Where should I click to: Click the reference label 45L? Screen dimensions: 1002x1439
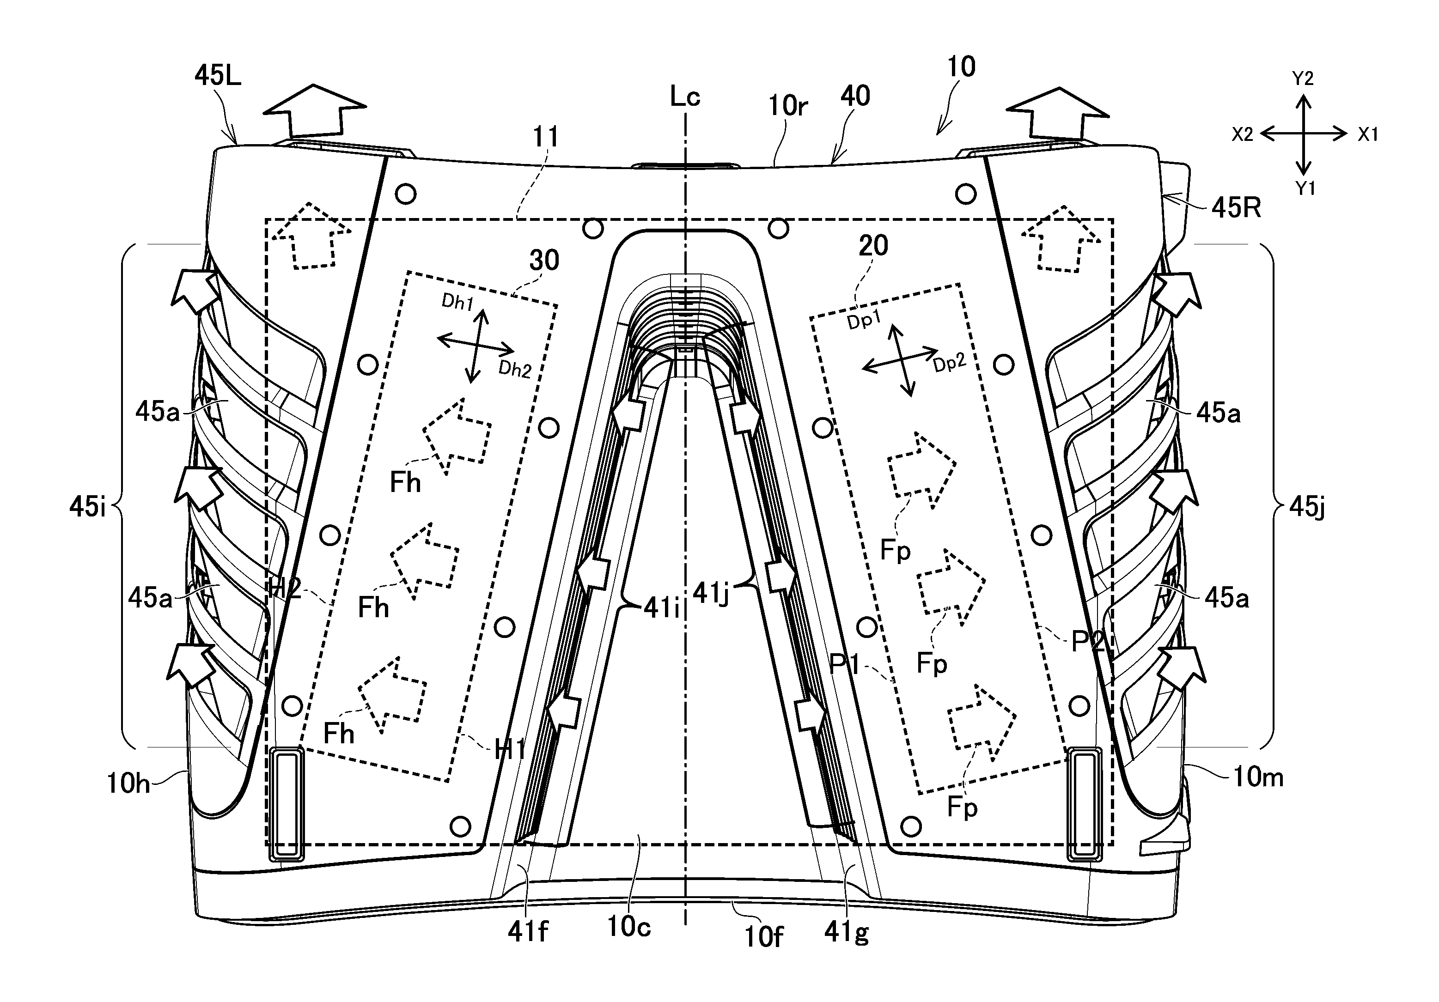pos(218,76)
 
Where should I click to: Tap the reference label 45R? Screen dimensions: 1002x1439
pos(1235,208)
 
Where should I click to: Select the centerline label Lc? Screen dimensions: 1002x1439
pos(684,97)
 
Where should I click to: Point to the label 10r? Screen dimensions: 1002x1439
pos(788,107)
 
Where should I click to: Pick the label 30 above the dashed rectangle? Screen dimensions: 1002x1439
pos(543,260)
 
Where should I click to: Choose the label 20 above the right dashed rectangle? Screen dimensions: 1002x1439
pos(873,246)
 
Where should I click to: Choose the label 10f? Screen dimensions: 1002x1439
pos(763,937)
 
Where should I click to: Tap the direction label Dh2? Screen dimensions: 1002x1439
pos(514,370)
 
